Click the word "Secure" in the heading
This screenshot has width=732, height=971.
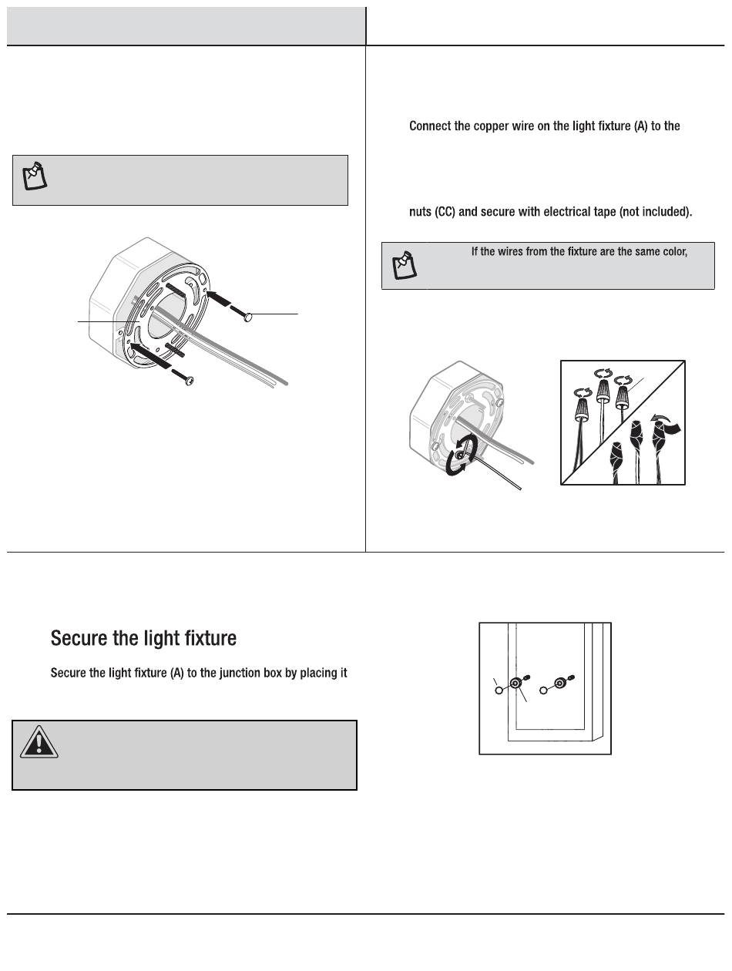[76, 638]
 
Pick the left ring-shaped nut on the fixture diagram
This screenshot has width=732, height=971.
[515, 684]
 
